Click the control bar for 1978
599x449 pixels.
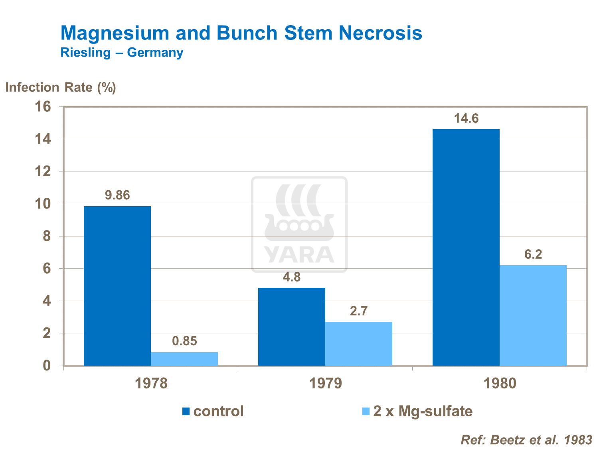(x=117, y=286)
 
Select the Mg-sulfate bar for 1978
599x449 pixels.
(x=184, y=358)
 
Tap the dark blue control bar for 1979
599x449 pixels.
(x=292, y=327)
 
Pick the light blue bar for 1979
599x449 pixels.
(x=359, y=343)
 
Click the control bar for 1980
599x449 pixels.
(x=466, y=247)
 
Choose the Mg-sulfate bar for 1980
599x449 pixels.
(x=533, y=315)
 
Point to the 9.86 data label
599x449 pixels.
(x=117, y=195)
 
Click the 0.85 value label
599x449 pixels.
(x=184, y=341)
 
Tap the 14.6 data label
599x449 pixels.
(x=466, y=118)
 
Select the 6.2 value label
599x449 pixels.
(x=533, y=254)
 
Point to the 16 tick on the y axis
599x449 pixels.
(x=43, y=107)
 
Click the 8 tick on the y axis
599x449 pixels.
(x=47, y=236)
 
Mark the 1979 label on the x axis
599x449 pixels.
(x=326, y=384)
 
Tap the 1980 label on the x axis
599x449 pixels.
(x=500, y=384)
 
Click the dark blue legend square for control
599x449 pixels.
(x=186, y=412)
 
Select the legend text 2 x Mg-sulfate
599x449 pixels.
(x=423, y=411)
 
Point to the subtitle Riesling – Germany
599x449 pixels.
(x=122, y=52)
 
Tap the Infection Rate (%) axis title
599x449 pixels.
(x=61, y=87)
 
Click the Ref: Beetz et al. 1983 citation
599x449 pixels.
(x=526, y=440)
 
